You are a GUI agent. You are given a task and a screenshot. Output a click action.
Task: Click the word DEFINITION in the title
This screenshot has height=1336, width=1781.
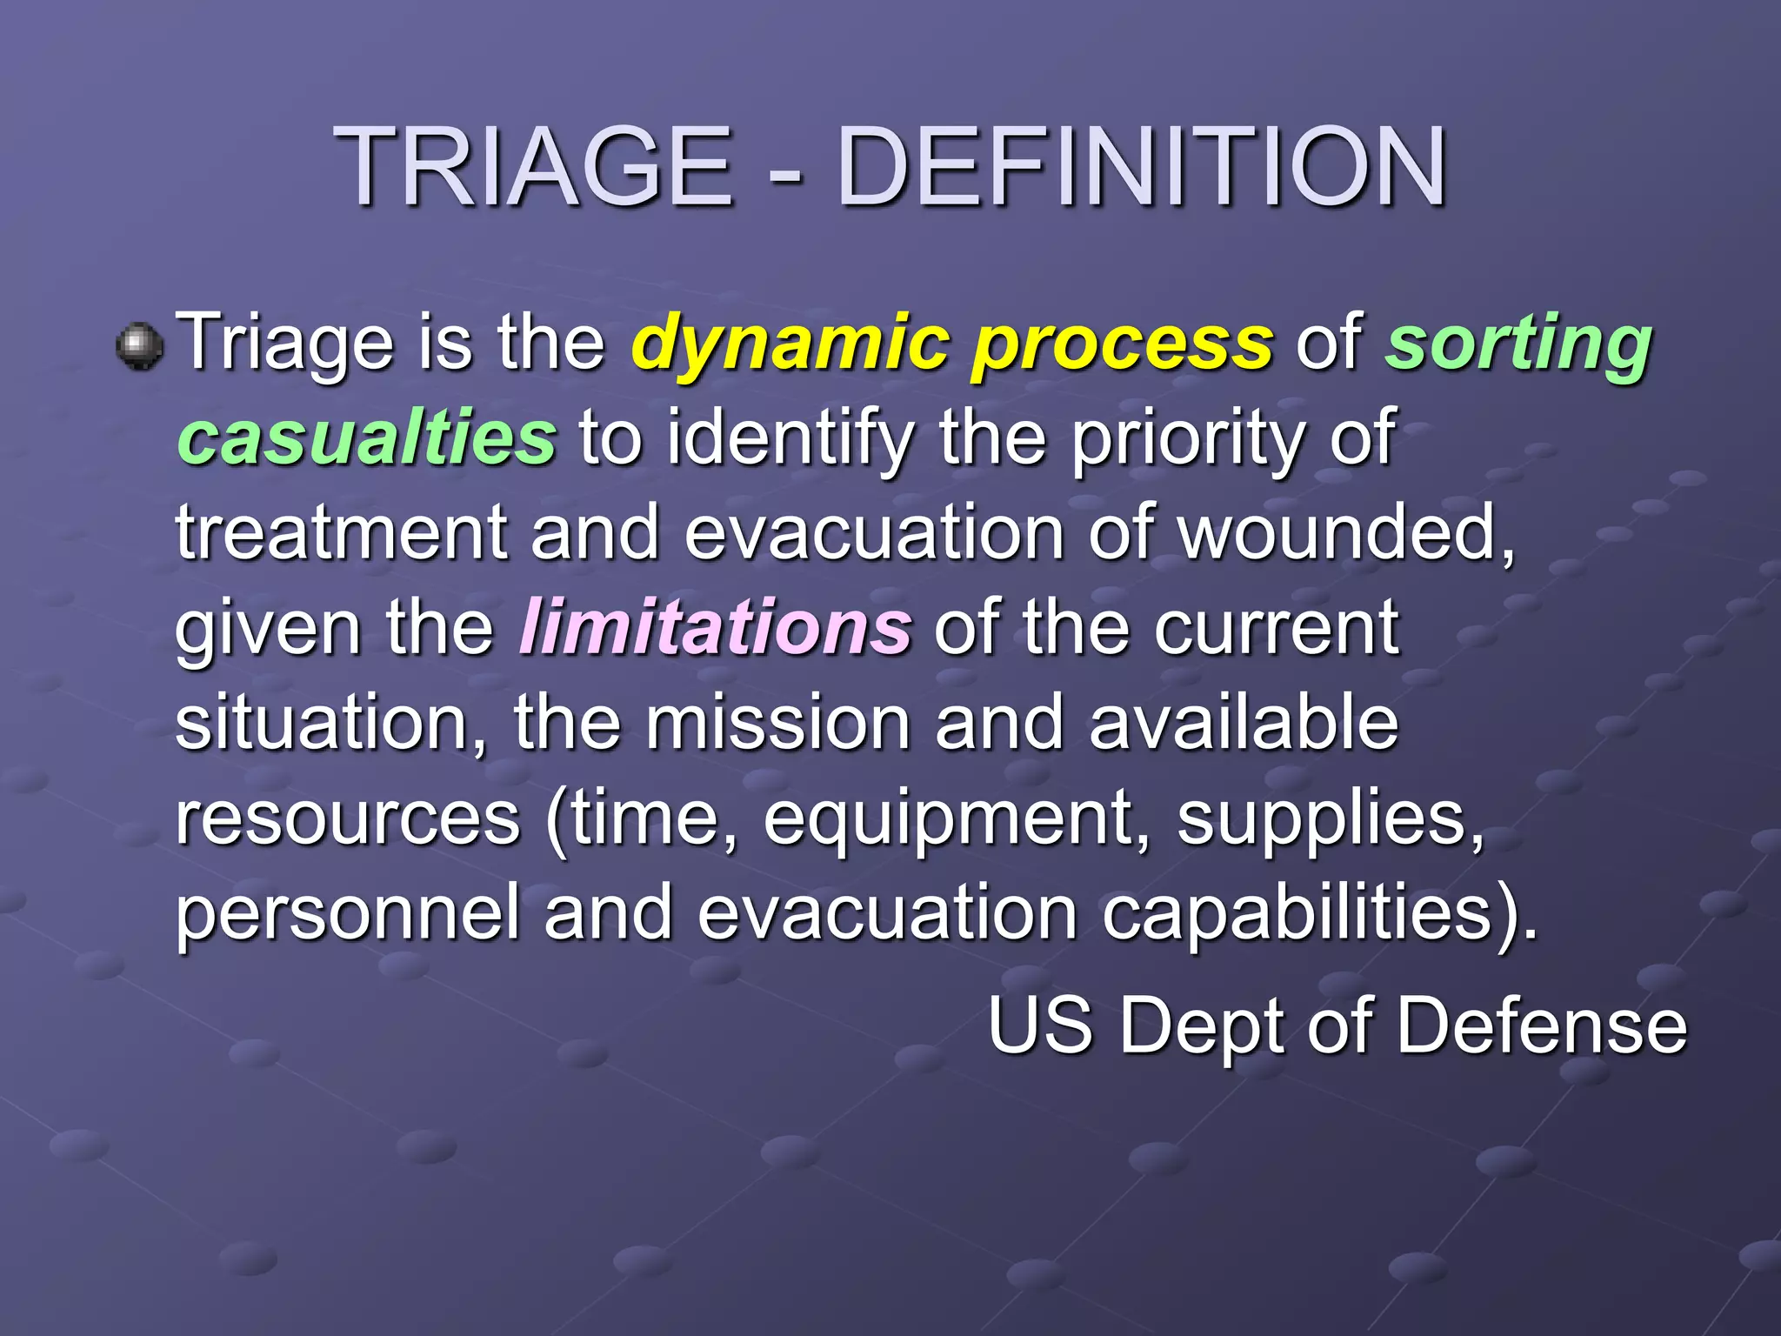point(1141,167)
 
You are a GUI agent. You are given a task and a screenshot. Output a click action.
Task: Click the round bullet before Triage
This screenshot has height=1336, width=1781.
point(139,346)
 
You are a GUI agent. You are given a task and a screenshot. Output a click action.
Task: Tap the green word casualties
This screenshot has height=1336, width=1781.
point(366,438)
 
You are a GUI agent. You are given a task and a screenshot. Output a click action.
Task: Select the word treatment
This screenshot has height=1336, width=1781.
point(341,532)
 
